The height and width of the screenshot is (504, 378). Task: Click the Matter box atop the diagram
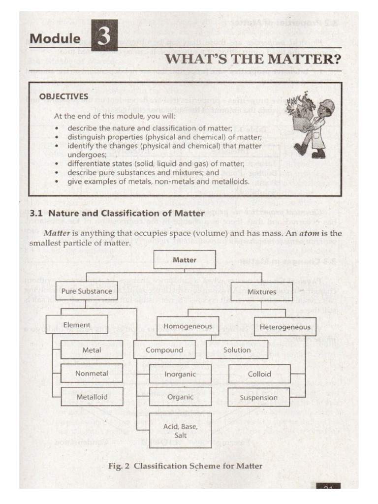point(185,259)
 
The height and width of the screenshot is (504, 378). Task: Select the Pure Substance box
point(87,291)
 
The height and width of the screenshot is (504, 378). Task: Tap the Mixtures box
point(261,292)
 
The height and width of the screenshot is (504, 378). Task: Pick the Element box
point(77,325)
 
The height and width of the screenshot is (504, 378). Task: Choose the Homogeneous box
point(188,326)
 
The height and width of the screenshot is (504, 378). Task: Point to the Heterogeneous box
point(285,326)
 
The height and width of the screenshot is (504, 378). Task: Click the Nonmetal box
point(92,373)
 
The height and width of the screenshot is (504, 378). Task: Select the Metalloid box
point(92,396)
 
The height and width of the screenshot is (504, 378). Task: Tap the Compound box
point(164,350)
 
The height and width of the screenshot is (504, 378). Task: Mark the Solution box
point(237,350)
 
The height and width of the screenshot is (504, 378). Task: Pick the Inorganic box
point(180,374)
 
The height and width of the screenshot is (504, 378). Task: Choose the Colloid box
point(259,374)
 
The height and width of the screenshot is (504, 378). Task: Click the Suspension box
point(259,397)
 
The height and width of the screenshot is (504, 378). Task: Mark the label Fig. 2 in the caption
point(121,466)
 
